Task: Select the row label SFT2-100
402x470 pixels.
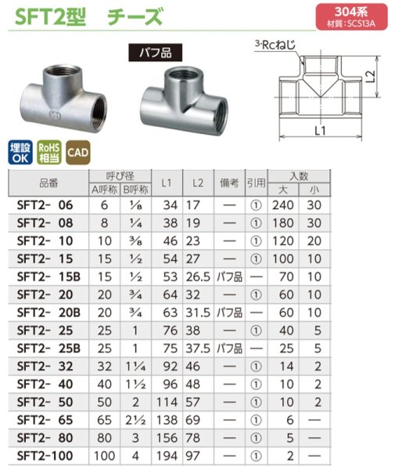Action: tap(45, 454)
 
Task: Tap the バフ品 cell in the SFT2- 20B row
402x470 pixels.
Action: tap(228, 313)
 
